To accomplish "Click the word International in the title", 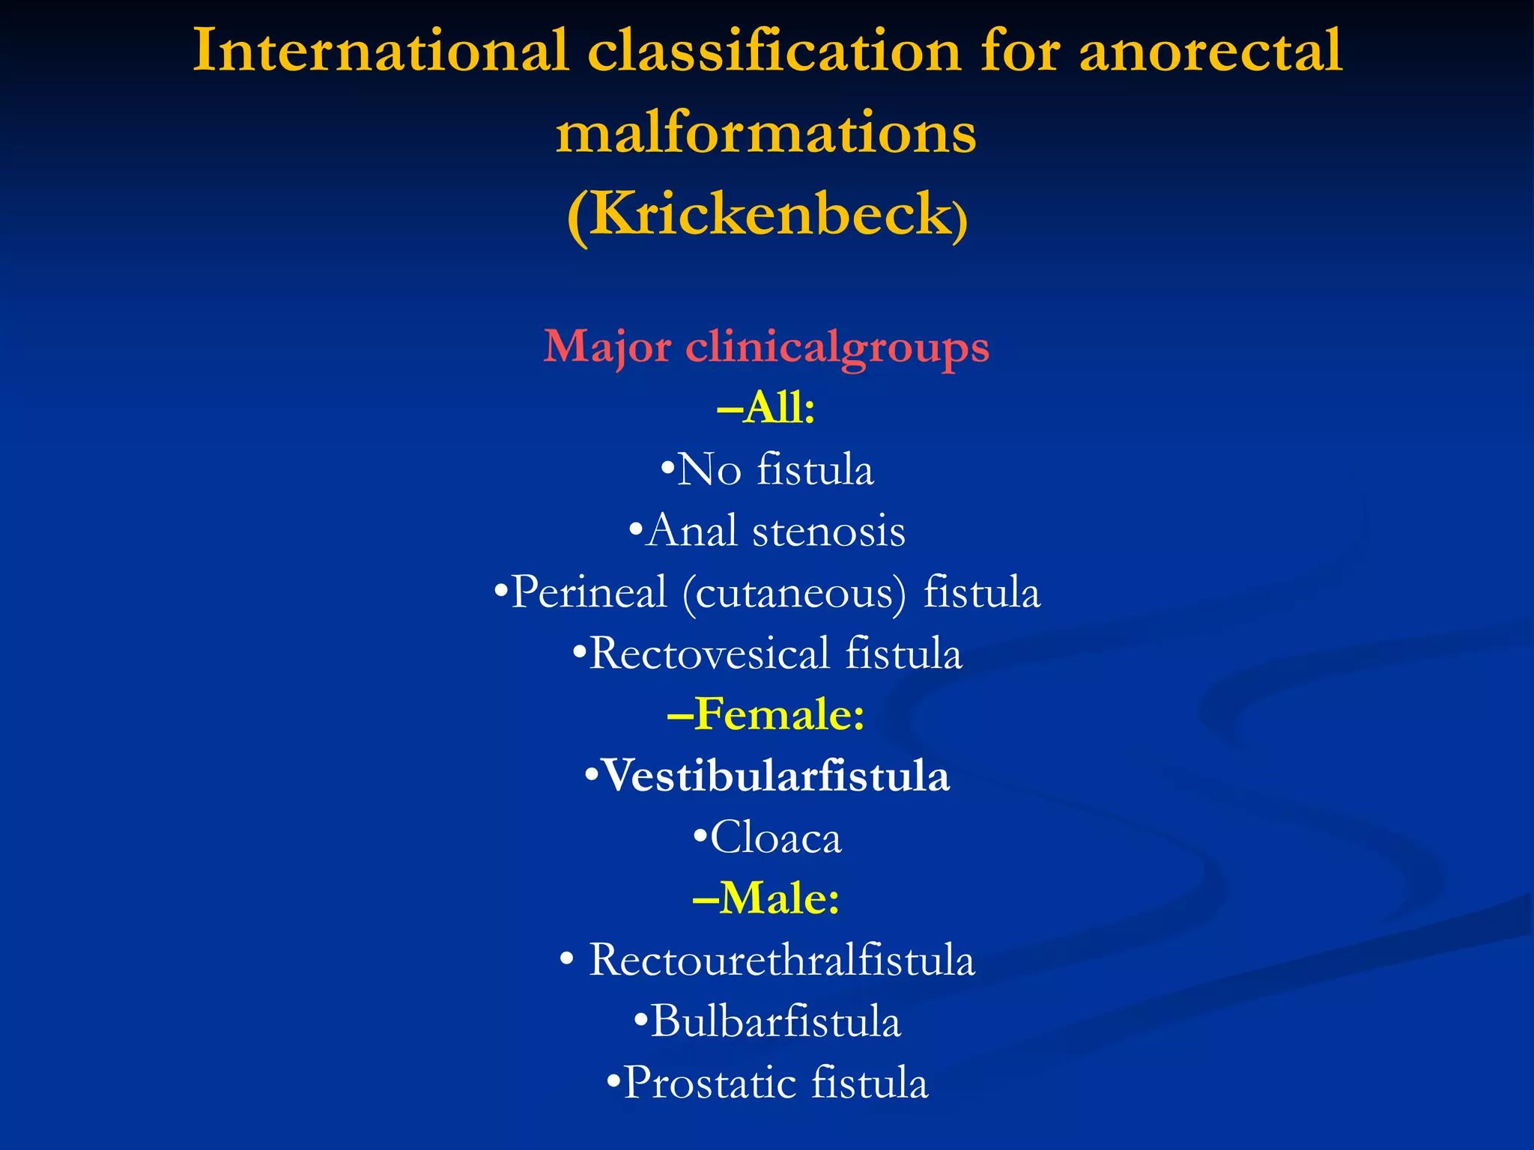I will (x=381, y=51).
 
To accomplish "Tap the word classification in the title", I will (x=774, y=51).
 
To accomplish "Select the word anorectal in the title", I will (x=1210, y=51).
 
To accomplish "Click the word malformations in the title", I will (x=766, y=133).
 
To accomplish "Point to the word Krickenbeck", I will (x=769, y=215).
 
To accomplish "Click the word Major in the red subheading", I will (x=607, y=347).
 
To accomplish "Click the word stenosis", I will (x=828, y=532).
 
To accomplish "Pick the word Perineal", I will (x=588, y=592).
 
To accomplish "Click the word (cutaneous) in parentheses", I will (x=794, y=592).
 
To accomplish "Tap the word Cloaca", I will (x=775, y=837).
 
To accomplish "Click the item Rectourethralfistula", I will (x=781, y=960).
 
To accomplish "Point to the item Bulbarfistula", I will (x=775, y=1021).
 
